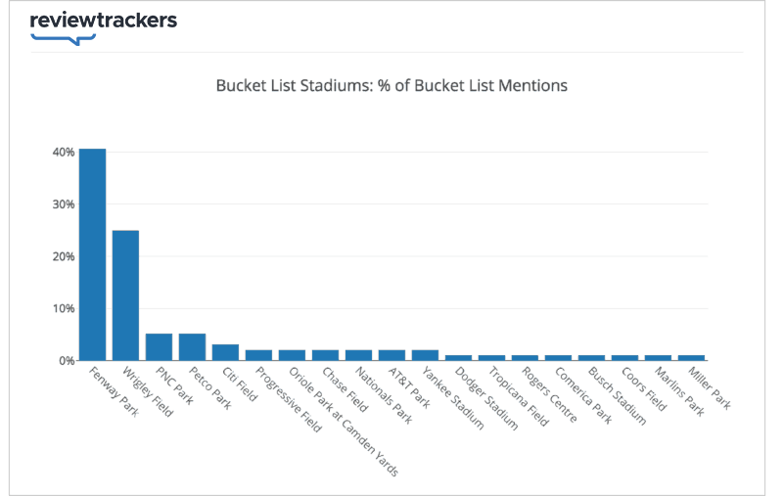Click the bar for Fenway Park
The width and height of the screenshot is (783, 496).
pos(92,254)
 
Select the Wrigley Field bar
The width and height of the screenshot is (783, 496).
pos(125,294)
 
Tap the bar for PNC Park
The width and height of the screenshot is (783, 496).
pos(159,347)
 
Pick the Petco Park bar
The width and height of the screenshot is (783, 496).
pos(192,347)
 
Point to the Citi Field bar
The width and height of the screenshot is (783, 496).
pos(225,352)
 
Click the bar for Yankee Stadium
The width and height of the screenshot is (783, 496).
pos(425,355)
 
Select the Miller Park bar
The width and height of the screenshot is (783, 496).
pos(691,357)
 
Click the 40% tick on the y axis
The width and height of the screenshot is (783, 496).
pos(64,153)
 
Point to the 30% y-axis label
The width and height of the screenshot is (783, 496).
pos(64,204)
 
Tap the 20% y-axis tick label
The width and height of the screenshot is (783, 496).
pos(64,256)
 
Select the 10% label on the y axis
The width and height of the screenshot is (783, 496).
pos(64,308)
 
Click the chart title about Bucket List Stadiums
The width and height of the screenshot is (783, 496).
pos(391,85)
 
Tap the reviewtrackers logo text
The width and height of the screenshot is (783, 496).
pos(104,21)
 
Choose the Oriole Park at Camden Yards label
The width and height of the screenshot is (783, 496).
pos(344,421)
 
